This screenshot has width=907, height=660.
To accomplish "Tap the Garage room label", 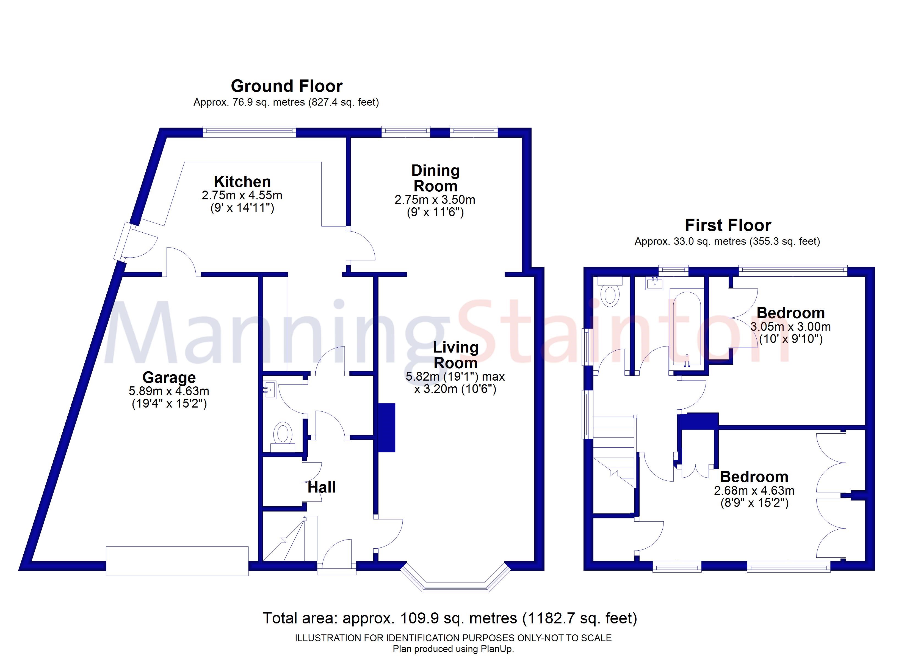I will click(x=169, y=377).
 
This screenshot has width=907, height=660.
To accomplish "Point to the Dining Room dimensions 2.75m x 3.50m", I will click(x=435, y=199).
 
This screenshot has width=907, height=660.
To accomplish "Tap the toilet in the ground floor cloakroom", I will click(x=283, y=434).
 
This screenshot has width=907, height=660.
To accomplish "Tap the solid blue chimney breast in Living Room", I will click(x=387, y=427).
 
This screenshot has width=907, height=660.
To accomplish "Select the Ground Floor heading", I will click(x=286, y=86).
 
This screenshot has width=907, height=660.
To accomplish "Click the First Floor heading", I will click(x=728, y=225).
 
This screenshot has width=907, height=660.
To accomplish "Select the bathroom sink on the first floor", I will click(x=655, y=283).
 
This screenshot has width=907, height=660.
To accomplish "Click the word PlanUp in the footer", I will click(x=498, y=649).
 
